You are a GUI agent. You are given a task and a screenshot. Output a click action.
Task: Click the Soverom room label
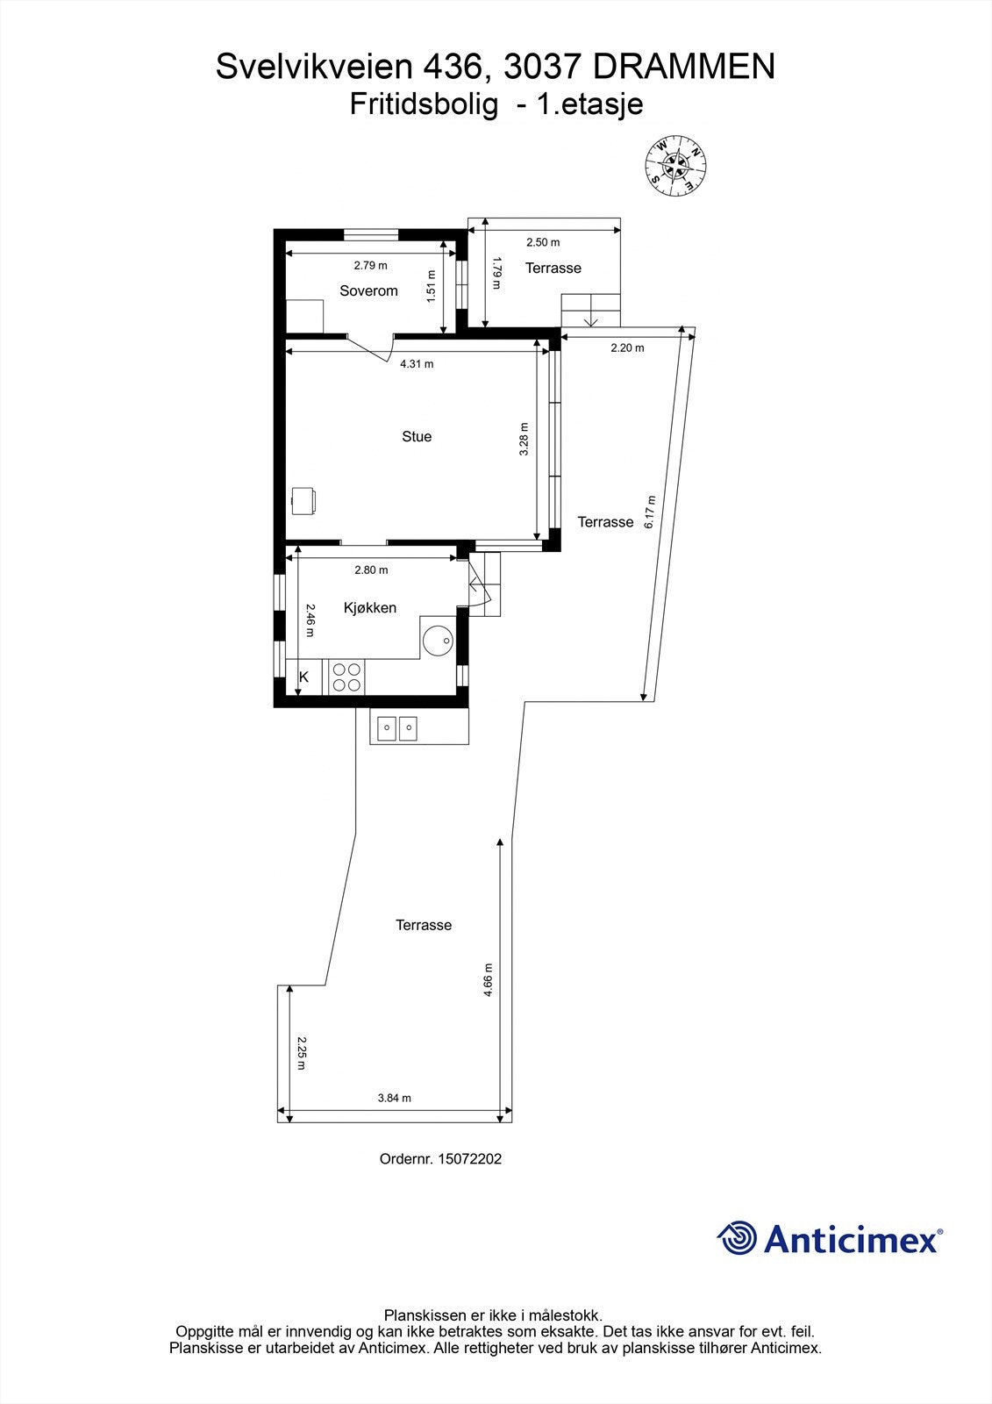[x=368, y=290]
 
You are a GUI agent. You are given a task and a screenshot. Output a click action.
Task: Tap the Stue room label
[x=417, y=436]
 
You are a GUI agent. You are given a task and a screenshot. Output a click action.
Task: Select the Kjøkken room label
[x=369, y=607]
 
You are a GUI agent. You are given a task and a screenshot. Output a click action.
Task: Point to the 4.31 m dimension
[x=417, y=363]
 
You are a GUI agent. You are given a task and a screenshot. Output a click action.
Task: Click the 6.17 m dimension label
[x=650, y=512]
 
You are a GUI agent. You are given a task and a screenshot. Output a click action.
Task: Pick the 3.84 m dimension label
[x=394, y=1097]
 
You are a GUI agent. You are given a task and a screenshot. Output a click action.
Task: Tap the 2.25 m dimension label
[x=301, y=1053]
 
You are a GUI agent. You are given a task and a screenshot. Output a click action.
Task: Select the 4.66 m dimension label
[x=489, y=979]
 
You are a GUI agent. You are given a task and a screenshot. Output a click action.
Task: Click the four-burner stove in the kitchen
[x=346, y=677]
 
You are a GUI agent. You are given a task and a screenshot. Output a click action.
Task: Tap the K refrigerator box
[x=304, y=677]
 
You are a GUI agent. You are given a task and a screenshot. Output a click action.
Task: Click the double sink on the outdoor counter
[x=397, y=727]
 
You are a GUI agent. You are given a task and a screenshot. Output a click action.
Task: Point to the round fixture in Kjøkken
[x=438, y=641]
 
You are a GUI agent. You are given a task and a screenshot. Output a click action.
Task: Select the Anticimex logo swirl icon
[x=737, y=1238]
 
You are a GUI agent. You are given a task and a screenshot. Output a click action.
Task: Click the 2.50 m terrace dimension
[x=543, y=242]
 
